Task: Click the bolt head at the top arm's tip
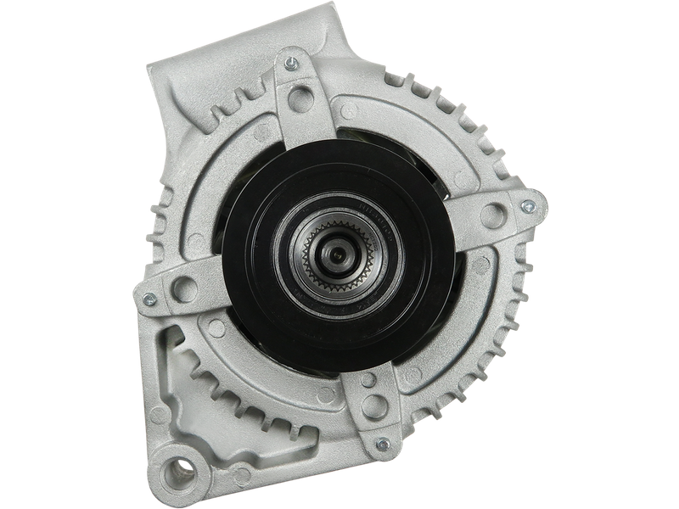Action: (291, 62)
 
